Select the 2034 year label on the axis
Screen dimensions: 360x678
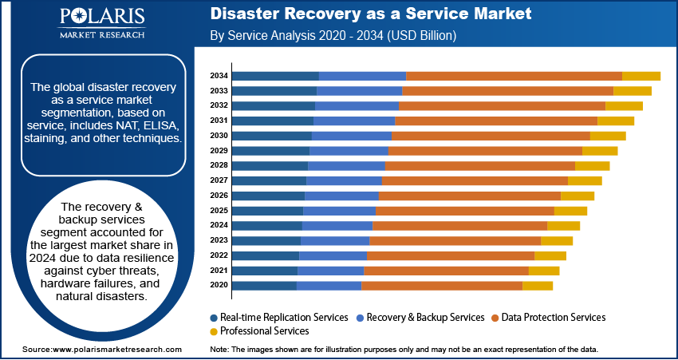tap(219, 76)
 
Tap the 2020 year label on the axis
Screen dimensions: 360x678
tap(219, 285)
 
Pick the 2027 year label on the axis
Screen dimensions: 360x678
tap(219, 180)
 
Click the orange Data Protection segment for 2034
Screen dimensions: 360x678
tap(514, 76)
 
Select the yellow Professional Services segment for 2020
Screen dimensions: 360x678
tap(537, 285)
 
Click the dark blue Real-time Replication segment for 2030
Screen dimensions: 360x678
tap(271, 136)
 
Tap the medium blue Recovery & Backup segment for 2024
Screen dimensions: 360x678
tap(337, 225)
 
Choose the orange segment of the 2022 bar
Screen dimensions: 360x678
tap(450, 255)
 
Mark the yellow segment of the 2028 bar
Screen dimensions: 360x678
tap(592, 165)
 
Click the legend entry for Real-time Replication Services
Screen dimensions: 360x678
tap(279, 317)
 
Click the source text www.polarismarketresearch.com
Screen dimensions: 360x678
tap(101, 350)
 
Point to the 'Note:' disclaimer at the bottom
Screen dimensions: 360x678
tap(403, 350)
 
